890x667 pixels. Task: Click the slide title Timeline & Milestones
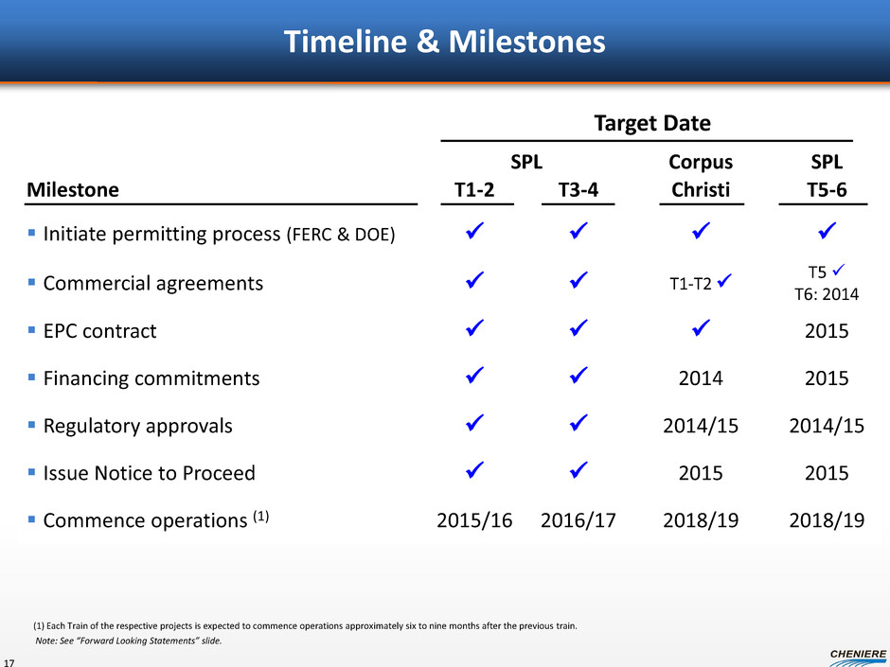[444, 42]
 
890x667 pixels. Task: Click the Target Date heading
[652, 123]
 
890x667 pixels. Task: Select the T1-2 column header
[474, 189]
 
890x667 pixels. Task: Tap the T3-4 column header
[578, 189]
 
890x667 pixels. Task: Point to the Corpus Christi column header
[701, 176]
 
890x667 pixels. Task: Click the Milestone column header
[73, 189]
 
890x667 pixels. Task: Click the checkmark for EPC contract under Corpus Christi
[701, 328]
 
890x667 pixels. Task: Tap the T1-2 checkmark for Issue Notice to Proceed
[474, 470]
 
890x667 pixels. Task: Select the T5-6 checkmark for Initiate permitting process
[827, 230]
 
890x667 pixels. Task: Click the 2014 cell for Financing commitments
[701, 378]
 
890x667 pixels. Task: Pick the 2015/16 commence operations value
[474, 520]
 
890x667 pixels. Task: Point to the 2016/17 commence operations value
[578, 520]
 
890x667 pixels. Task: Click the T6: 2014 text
[827, 294]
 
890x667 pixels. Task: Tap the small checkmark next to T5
[838, 270]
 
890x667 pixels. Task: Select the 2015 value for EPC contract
[827, 331]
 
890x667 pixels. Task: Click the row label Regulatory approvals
[138, 426]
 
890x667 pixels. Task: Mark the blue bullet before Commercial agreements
[32, 282]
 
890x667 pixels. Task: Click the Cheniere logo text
[858, 654]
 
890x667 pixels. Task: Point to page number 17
[9, 662]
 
